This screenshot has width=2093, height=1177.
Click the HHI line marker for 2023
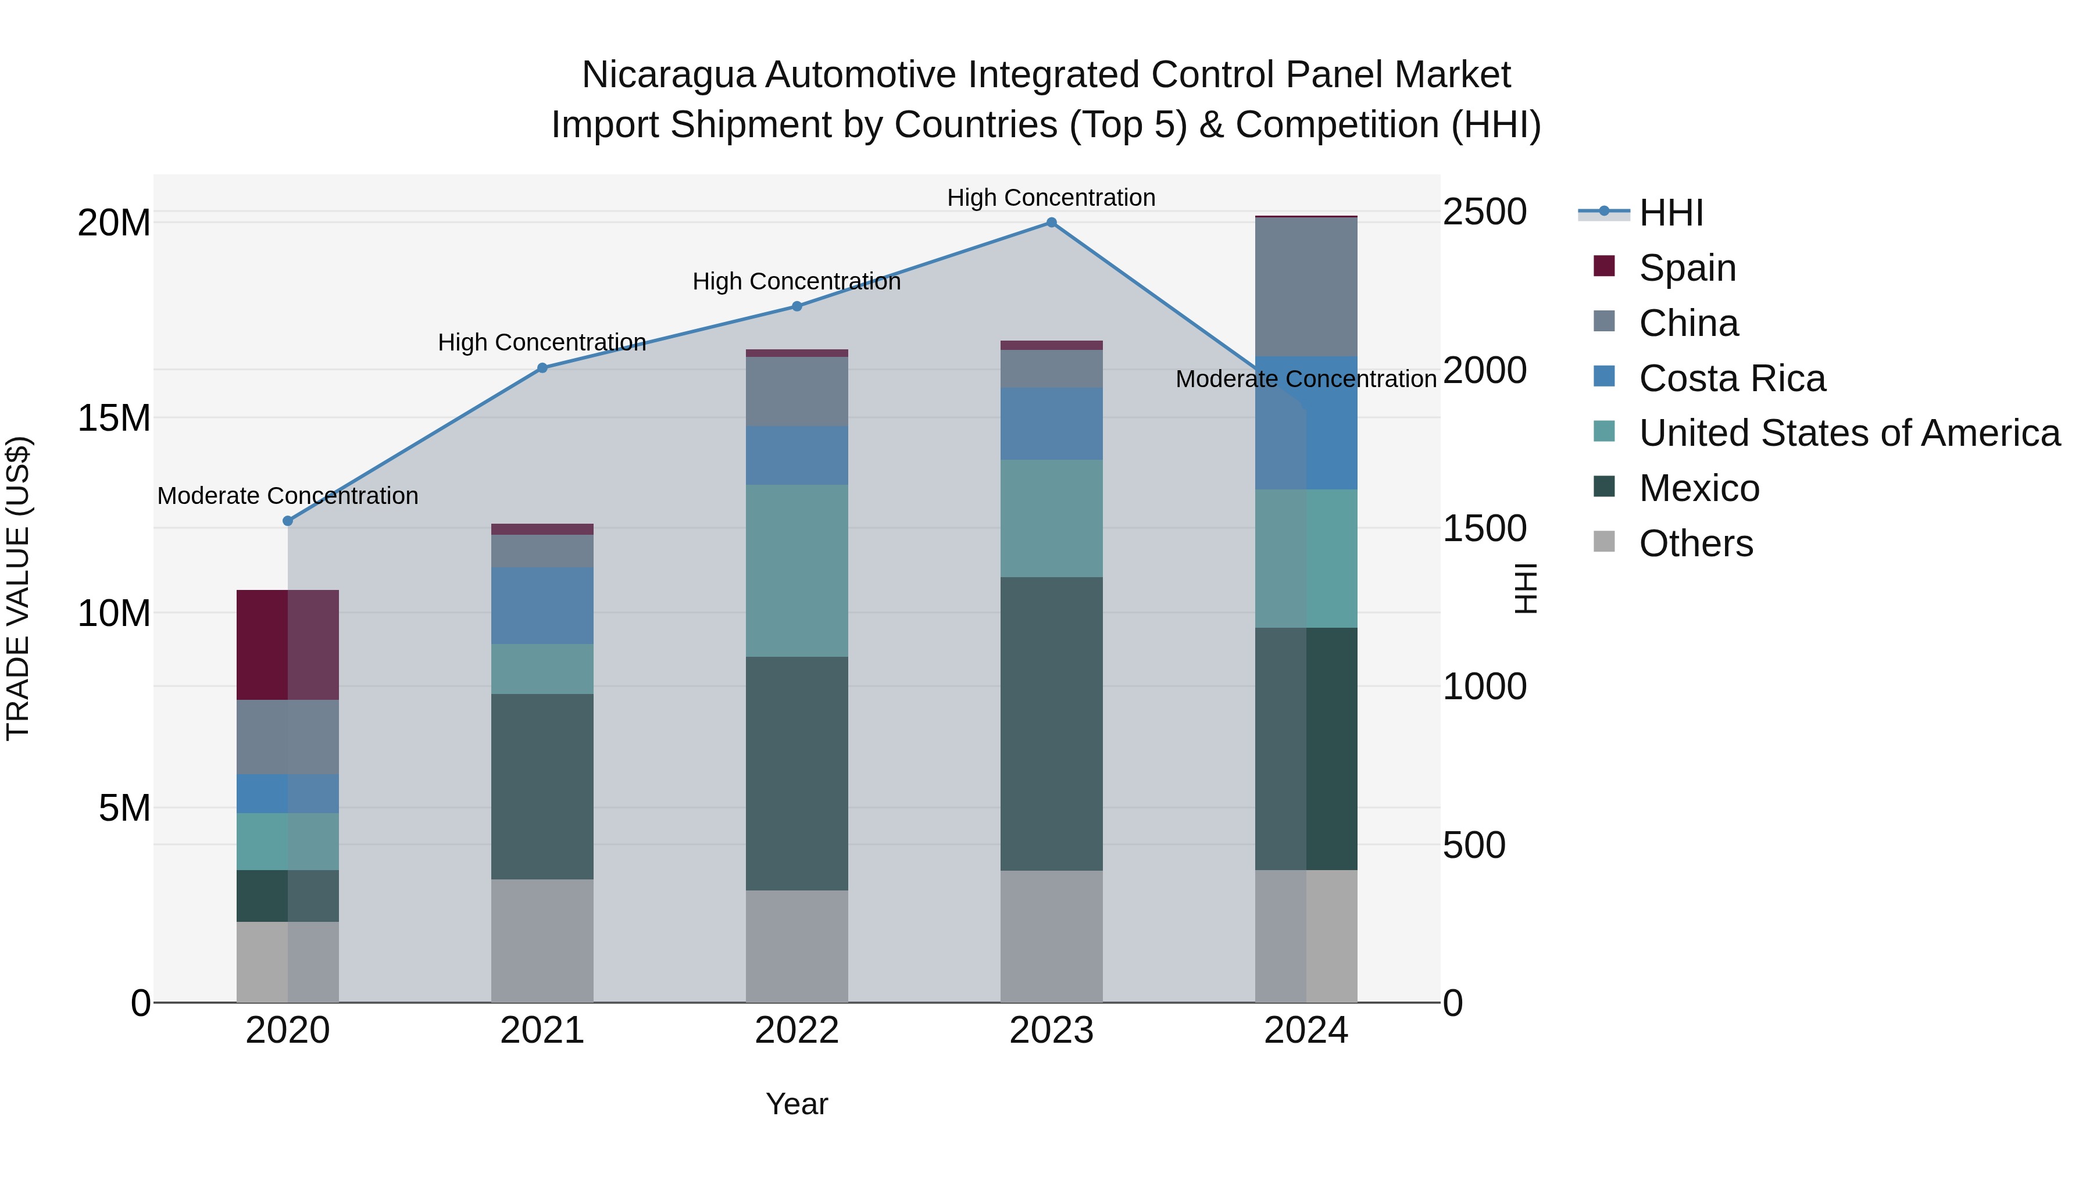point(1051,223)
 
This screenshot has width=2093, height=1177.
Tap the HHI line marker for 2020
point(288,521)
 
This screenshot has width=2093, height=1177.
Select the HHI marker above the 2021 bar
point(542,368)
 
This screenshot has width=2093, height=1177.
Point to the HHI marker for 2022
point(797,306)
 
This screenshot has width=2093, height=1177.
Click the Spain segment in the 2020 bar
point(288,645)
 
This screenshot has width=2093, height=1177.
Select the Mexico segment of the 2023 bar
point(1051,724)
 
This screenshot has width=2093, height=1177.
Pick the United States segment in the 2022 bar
point(797,570)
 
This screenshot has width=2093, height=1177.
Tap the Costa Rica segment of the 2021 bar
point(542,606)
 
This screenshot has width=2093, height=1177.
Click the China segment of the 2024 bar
point(1306,287)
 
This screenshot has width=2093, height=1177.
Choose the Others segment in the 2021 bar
point(542,940)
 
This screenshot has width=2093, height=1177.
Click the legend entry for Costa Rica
point(1731,378)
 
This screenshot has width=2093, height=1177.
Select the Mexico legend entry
point(1699,489)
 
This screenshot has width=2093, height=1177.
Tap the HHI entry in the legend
point(1670,213)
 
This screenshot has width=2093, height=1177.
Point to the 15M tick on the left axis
point(114,418)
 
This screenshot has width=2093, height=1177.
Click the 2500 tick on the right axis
point(1484,212)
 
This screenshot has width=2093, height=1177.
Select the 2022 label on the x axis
point(797,1031)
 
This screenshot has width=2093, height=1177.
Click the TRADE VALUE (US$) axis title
point(18,588)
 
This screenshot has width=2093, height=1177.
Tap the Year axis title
point(797,1104)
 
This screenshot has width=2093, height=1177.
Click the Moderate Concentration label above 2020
point(288,495)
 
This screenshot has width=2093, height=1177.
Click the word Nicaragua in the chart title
point(670,75)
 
